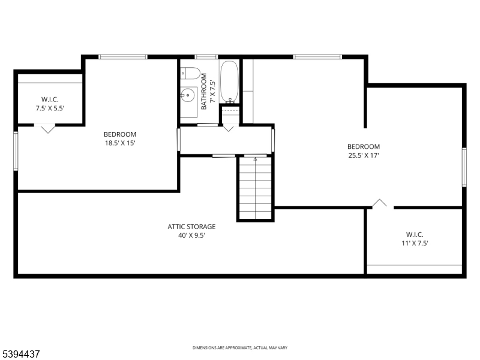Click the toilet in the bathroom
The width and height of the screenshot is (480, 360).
point(191,73)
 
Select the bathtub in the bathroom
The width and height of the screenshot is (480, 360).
point(229,82)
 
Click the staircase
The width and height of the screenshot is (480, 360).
point(255,188)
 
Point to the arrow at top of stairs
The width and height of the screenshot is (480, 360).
point(255,160)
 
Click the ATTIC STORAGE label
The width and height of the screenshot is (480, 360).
point(191,227)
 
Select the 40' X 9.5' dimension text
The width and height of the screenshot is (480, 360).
point(191,235)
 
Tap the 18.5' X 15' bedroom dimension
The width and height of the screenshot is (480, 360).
point(119,143)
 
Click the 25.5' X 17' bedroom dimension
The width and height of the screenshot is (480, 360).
point(364,155)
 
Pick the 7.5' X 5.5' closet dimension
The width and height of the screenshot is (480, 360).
point(50,108)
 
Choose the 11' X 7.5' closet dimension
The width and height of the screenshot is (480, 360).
point(414,243)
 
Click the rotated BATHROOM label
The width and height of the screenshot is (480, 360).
point(204,91)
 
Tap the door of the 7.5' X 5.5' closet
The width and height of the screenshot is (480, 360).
point(47,128)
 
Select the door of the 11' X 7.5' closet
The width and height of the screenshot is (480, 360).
point(380,203)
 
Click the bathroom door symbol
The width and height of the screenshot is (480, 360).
point(229,128)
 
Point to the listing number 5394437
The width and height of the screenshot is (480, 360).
point(21,354)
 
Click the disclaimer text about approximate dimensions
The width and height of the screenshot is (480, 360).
point(239,348)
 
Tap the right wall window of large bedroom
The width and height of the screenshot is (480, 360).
point(464,167)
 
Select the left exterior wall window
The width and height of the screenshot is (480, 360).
point(16,151)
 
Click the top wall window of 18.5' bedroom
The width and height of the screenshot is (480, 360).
point(123,57)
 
